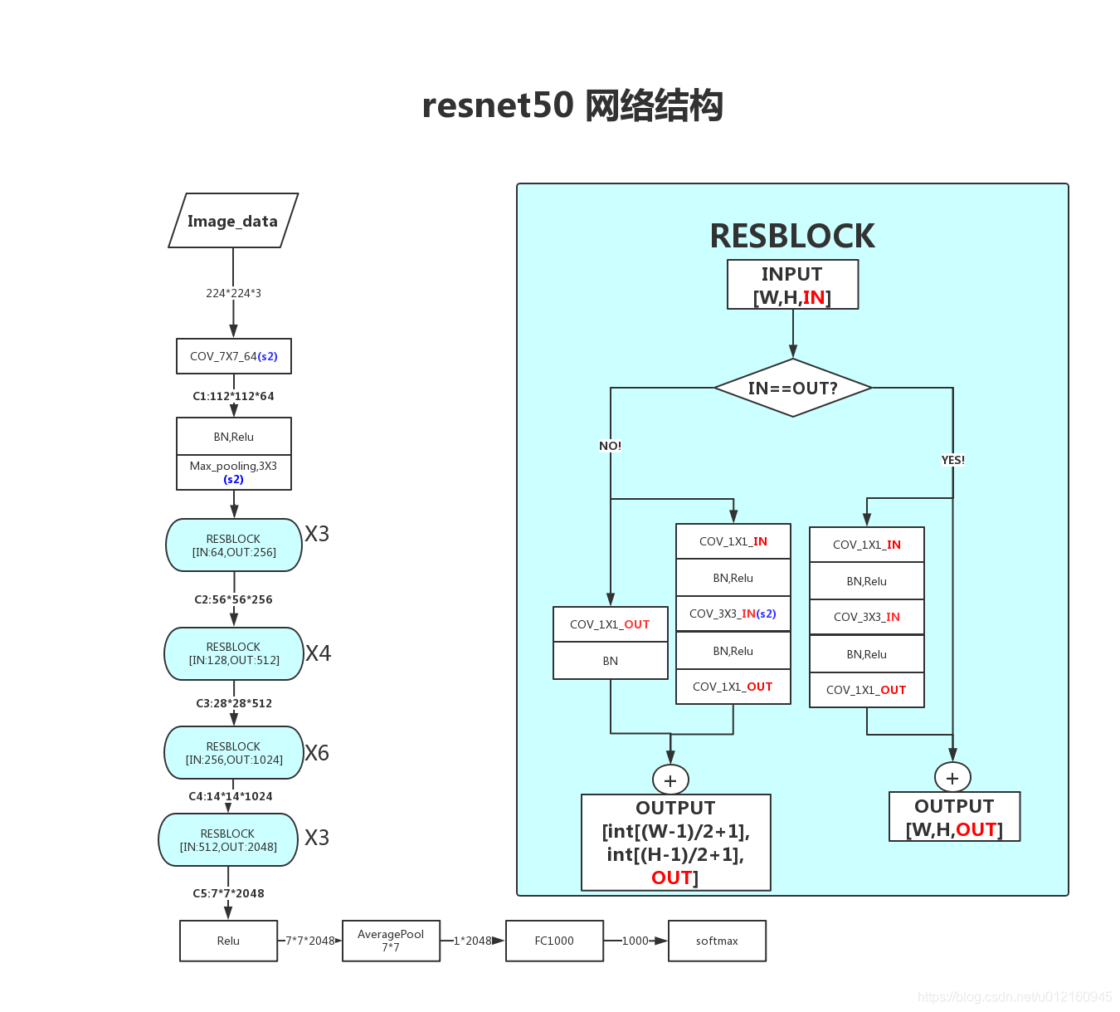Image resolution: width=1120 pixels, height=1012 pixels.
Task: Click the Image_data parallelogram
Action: point(233,221)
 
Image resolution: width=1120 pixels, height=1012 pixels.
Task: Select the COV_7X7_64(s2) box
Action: point(234,356)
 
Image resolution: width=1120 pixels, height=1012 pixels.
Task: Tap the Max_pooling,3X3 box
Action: point(234,472)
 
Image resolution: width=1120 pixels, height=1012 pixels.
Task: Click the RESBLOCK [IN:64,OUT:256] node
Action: point(234,545)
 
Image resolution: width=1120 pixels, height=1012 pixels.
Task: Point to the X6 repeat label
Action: point(317,753)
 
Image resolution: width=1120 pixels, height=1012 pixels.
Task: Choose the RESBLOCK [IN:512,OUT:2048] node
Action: point(228,840)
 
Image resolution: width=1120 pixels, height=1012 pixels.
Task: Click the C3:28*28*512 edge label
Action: point(234,703)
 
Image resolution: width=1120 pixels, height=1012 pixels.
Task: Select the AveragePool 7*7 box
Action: point(391,941)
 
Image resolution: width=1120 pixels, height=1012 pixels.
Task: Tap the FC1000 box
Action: point(554,941)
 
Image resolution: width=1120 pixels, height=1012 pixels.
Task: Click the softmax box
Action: point(717,941)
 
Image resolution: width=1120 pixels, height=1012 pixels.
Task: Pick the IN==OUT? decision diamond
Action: point(793,388)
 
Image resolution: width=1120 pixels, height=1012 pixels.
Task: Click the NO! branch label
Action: point(611,446)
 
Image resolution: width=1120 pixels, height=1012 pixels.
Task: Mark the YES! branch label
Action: point(952,460)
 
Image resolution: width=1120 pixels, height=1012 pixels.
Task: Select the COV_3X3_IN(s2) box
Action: point(733,614)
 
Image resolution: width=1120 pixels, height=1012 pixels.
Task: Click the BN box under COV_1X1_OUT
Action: point(611,662)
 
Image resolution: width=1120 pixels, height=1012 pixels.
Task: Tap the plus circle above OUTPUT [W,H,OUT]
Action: point(952,778)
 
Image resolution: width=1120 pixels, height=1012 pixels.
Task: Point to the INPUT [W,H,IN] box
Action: point(793,285)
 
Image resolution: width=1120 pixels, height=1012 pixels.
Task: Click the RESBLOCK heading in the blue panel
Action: point(792,236)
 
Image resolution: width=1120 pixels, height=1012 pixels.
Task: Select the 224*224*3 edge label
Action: point(234,293)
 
